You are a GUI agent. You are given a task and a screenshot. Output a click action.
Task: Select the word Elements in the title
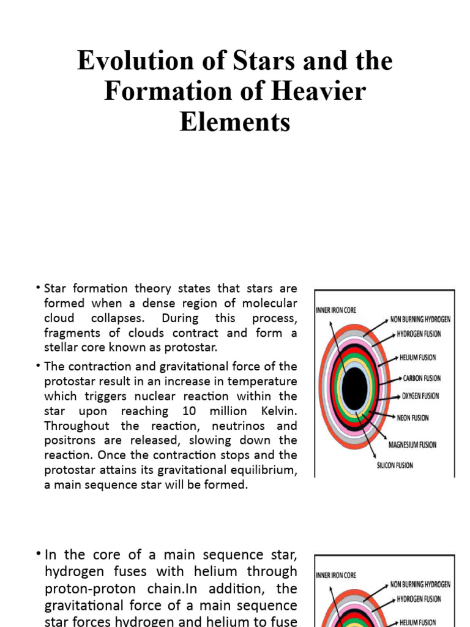(x=235, y=121)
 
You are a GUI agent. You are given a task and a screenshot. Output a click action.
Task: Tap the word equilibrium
(x=259, y=470)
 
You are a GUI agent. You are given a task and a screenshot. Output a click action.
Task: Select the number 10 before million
(x=188, y=411)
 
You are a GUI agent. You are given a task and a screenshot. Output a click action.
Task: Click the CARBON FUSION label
(x=421, y=378)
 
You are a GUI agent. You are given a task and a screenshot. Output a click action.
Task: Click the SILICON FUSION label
(x=395, y=465)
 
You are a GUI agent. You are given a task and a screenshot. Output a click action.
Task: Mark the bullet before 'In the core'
(x=38, y=554)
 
